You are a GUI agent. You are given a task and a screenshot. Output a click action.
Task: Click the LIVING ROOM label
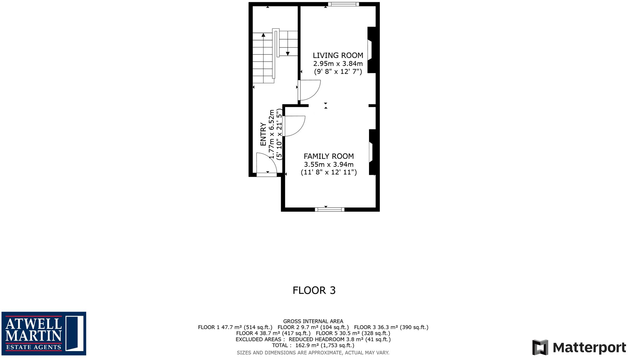tap(338, 55)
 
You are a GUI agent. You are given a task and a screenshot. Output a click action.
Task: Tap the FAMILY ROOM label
tap(329, 156)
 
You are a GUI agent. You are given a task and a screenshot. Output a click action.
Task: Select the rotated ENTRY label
tap(263, 134)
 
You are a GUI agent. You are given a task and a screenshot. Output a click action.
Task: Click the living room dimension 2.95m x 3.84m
tap(338, 64)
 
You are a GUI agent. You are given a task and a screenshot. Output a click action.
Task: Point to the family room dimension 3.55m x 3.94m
tap(329, 165)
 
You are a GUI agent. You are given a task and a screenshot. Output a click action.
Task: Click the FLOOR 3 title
tap(314, 290)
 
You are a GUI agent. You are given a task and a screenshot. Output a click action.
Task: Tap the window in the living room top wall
tap(344, 4)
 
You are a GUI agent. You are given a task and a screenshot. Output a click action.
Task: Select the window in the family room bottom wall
tap(329, 209)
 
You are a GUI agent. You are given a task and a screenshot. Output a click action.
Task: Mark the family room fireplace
tap(372, 152)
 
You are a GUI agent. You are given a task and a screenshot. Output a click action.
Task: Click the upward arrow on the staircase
tap(263, 35)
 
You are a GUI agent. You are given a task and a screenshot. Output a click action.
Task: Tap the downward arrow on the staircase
tap(288, 54)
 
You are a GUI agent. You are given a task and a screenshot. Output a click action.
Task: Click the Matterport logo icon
tap(540, 347)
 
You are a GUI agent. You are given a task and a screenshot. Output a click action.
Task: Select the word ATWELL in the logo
tap(33, 324)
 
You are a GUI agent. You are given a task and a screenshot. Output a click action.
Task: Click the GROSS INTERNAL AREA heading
tap(313, 321)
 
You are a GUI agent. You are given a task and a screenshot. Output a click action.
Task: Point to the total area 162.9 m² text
tap(313, 345)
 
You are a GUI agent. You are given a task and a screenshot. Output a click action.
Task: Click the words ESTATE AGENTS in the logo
tap(33, 347)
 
